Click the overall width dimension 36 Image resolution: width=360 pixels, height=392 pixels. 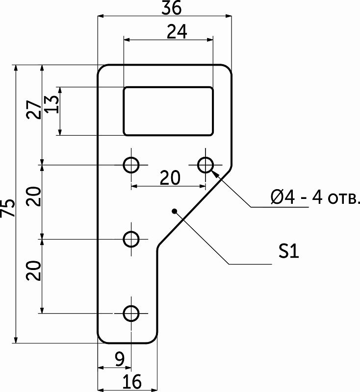tap(171, 7)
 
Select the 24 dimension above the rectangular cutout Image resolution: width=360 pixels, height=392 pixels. tap(177, 32)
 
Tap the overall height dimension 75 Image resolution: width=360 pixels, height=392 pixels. tap(7, 208)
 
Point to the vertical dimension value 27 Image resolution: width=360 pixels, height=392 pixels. tap(34, 109)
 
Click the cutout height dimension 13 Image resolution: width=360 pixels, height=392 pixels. tap(52, 104)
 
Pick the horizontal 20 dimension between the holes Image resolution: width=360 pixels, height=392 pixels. tap(170, 178)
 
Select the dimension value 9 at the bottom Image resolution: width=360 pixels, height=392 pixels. tap(120, 359)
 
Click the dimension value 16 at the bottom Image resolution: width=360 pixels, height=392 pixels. tap(132, 382)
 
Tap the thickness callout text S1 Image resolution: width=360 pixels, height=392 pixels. tap(289, 251)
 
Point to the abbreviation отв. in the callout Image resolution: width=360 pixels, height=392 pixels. tap(343, 198)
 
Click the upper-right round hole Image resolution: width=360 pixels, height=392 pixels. tap(206, 165)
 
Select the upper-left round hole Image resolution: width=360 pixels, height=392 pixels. tap(131, 165)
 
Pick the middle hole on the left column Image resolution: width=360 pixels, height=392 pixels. tap(131, 239)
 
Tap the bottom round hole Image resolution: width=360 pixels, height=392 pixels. tap(131, 313)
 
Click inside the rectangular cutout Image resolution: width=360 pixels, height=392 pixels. tap(168, 111)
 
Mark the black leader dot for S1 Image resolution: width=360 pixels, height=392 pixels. tap(175, 212)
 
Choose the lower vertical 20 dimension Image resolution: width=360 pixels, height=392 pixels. tap(34, 270)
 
